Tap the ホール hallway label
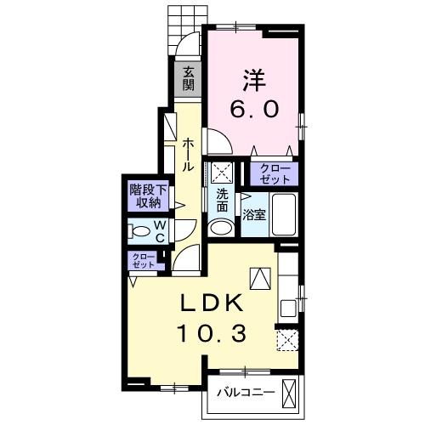tap(188, 155)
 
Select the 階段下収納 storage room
tap(148, 196)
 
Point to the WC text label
tap(161, 232)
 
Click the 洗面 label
tap(223, 201)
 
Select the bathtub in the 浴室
tap(284, 214)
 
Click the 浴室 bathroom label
tap(254, 216)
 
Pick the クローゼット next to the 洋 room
tap(274, 173)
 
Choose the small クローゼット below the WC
tap(144, 261)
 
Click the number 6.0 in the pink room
tap(254, 110)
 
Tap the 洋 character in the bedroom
tap(254, 80)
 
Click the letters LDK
tap(212, 303)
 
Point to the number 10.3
tap(212, 333)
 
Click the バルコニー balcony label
tap(246, 393)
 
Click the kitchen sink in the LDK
tap(288, 309)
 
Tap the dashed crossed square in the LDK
tap(287, 340)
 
